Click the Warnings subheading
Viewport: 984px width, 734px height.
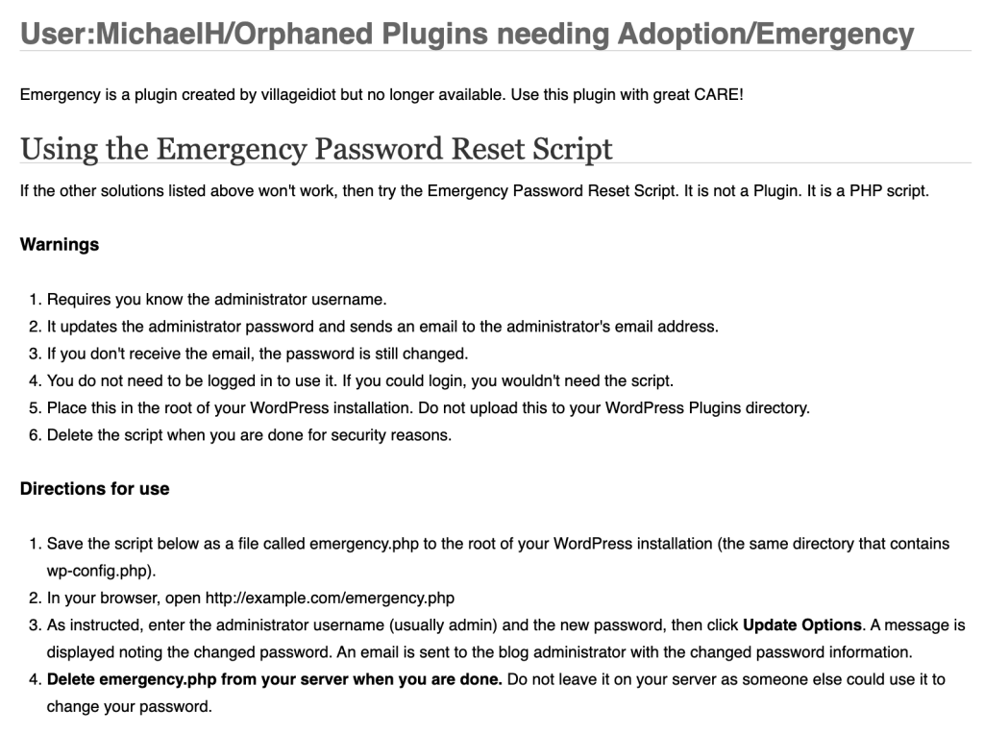pyautogui.click(x=60, y=245)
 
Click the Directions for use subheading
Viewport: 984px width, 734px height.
pyautogui.click(x=94, y=489)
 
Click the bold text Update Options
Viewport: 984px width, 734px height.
pyautogui.click(x=802, y=625)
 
